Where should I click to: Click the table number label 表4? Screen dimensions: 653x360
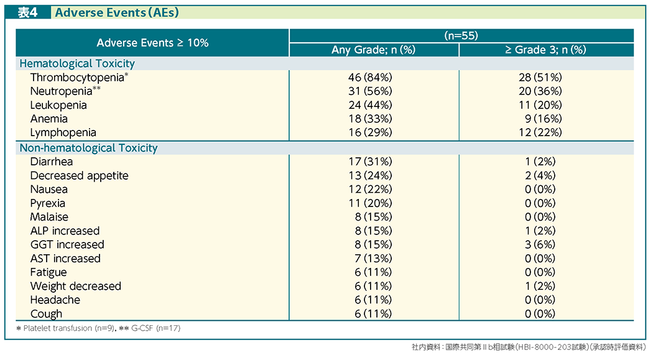[x=27, y=12]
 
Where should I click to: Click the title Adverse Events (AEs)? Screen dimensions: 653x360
[x=117, y=12]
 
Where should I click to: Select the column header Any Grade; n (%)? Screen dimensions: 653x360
[x=374, y=50]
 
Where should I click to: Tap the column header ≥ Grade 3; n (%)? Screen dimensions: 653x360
[x=545, y=50]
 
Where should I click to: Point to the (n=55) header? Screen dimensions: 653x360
[x=461, y=36]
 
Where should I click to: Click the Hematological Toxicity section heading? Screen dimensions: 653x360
[x=77, y=63]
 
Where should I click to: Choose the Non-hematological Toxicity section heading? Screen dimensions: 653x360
[x=89, y=148]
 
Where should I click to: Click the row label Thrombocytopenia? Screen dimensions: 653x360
[x=77, y=78]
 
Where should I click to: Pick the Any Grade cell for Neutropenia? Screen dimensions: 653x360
[x=370, y=91]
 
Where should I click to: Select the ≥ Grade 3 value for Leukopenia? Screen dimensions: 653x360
[x=540, y=105]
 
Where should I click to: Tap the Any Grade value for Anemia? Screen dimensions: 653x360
[x=370, y=119]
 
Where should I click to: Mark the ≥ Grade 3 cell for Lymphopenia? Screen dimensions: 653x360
[x=540, y=132]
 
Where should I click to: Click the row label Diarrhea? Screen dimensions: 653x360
[x=51, y=162]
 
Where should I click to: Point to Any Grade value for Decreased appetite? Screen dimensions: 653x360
[x=370, y=175]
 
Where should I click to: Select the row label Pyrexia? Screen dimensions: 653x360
[x=47, y=203]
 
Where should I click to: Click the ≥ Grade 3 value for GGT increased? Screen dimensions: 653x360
[x=540, y=245]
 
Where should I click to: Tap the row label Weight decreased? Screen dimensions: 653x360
[x=75, y=287]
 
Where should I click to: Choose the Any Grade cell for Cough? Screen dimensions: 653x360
[x=373, y=314]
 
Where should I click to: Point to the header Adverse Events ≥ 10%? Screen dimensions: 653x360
[x=152, y=43]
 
